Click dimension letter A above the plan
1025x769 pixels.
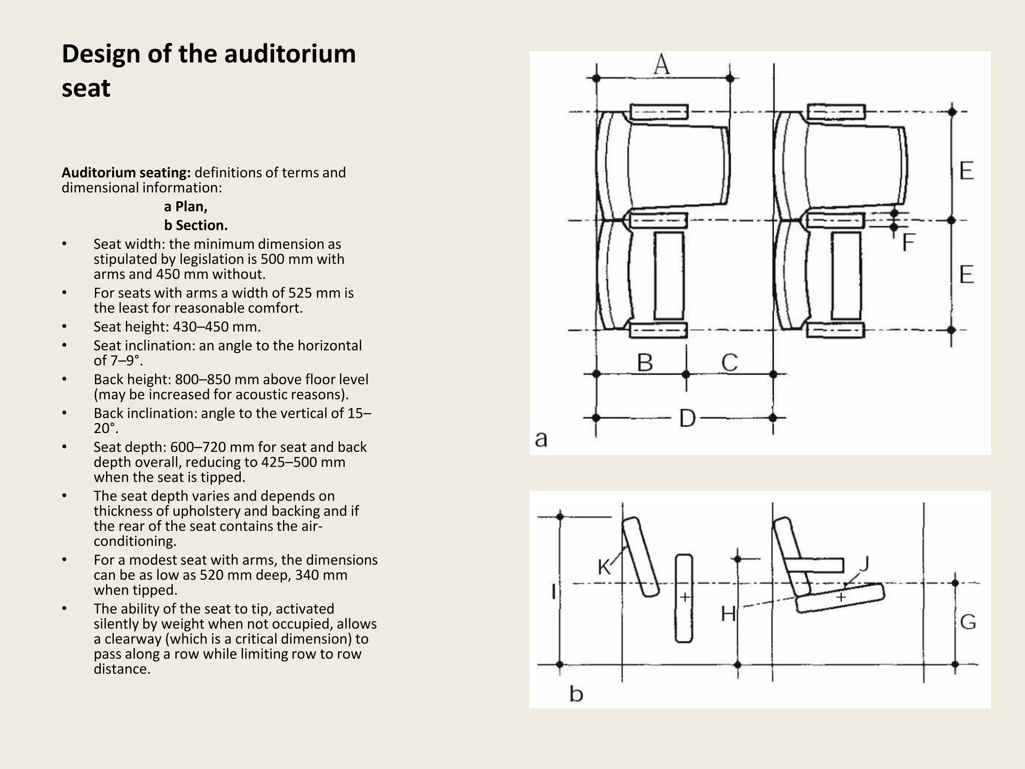(662, 65)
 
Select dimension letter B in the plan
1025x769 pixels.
(645, 362)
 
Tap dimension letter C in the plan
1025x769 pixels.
(730, 362)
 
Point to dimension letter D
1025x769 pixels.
(687, 418)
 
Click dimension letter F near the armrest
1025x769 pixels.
(908, 243)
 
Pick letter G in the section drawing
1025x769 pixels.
(968, 622)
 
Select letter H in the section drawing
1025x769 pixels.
(728, 613)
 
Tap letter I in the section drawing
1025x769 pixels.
(554, 592)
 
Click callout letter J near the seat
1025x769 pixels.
(864, 564)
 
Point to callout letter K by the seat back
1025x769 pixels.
(604, 567)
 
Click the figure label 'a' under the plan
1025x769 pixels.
(541, 439)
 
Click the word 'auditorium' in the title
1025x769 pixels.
(290, 54)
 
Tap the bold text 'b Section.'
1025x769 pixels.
(196, 225)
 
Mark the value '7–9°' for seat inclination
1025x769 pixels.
(123, 360)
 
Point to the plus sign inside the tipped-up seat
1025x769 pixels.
(684, 597)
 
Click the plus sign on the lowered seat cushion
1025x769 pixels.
(841, 597)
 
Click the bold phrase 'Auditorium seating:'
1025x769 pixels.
(126, 173)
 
